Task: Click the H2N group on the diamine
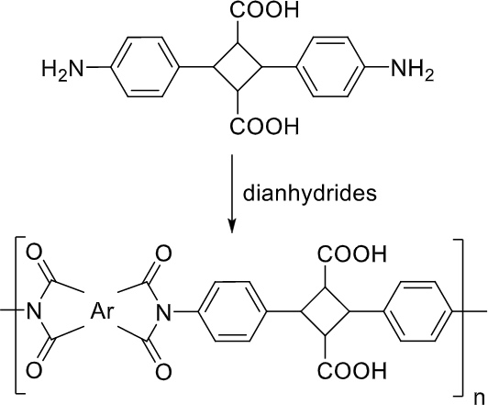(63, 69)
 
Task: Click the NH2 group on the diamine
(412, 69)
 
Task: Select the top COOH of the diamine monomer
(264, 10)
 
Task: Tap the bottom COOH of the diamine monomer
(264, 126)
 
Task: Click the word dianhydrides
(309, 193)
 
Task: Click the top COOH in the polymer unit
(352, 254)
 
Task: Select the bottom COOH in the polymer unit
(352, 371)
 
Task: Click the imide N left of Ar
(34, 311)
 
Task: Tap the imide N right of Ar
(163, 311)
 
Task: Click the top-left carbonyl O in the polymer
(34, 253)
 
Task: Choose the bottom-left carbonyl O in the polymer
(34, 371)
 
